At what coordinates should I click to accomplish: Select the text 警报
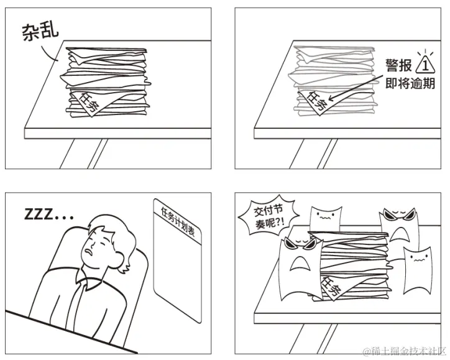point(398,66)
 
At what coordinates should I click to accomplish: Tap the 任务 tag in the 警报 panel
point(315,101)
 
